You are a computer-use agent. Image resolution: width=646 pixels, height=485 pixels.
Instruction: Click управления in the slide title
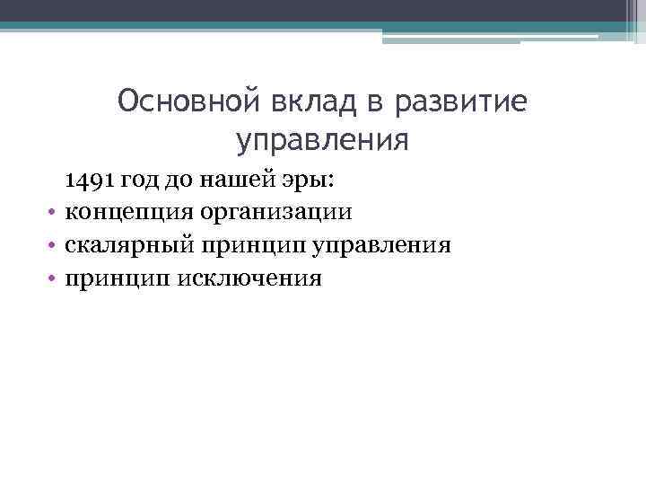tap(322, 141)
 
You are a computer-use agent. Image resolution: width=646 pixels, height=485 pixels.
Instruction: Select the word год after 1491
tap(142, 180)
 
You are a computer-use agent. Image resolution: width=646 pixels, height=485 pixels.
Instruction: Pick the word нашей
tap(231, 180)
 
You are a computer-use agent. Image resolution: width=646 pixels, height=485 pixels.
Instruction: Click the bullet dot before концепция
tap(54, 214)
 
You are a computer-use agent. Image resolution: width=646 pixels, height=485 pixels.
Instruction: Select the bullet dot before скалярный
tap(54, 246)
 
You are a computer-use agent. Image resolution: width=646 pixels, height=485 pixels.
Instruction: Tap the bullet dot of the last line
tap(54, 278)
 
